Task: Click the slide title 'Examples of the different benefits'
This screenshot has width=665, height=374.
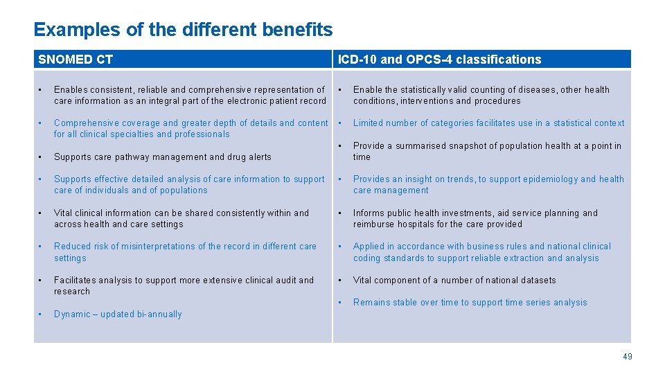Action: (183, 30)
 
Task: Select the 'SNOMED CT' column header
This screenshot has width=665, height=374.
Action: (76, 60)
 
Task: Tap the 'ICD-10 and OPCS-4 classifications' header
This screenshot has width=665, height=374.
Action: (439, 60)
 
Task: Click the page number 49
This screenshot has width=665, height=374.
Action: (627, 357)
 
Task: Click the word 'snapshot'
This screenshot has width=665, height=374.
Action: (461, 145)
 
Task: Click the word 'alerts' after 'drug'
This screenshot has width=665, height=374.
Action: (258, 157)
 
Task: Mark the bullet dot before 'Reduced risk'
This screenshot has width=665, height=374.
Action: (41, 246)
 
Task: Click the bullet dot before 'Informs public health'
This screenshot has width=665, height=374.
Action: (341, 213)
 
